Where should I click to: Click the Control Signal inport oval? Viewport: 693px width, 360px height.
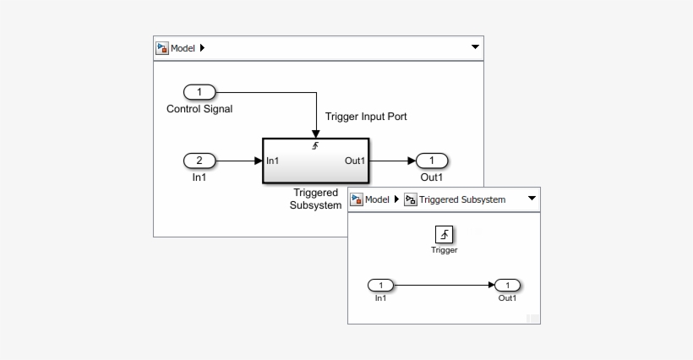(x=199, y=92)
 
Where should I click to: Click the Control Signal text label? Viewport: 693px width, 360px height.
(x=199, y=109)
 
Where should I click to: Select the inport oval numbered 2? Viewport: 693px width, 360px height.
(x=199, y=161)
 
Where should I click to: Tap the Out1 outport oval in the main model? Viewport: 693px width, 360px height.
(x=432, y=161)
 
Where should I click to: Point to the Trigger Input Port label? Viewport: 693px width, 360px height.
(x=366, y=117)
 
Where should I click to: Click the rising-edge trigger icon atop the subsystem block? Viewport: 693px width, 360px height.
(x=315, y=146)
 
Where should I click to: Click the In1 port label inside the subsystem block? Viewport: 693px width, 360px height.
(x=273, y=161)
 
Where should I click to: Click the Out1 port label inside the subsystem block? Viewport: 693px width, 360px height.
(x=354, y=161)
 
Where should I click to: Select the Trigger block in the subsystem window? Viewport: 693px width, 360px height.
(x=445, y=234)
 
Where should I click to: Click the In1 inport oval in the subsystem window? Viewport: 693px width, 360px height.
(x=381, y=286)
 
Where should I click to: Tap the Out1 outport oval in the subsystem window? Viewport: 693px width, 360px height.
(x=507, y=286)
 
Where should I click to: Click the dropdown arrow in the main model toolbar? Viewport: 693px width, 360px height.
(x=475, y=48)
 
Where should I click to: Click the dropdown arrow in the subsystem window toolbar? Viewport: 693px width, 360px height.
(x=532, y=199)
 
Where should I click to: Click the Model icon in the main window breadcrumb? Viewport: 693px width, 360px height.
(x=162, y=48)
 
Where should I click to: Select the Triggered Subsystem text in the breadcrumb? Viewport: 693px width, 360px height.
(x=462, y=199)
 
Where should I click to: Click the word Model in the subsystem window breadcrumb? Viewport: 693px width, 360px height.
(x=377, y=199)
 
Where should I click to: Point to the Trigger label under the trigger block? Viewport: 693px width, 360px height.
(x=445, y=250)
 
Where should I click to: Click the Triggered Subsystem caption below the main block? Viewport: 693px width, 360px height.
(x=315, y=199)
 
